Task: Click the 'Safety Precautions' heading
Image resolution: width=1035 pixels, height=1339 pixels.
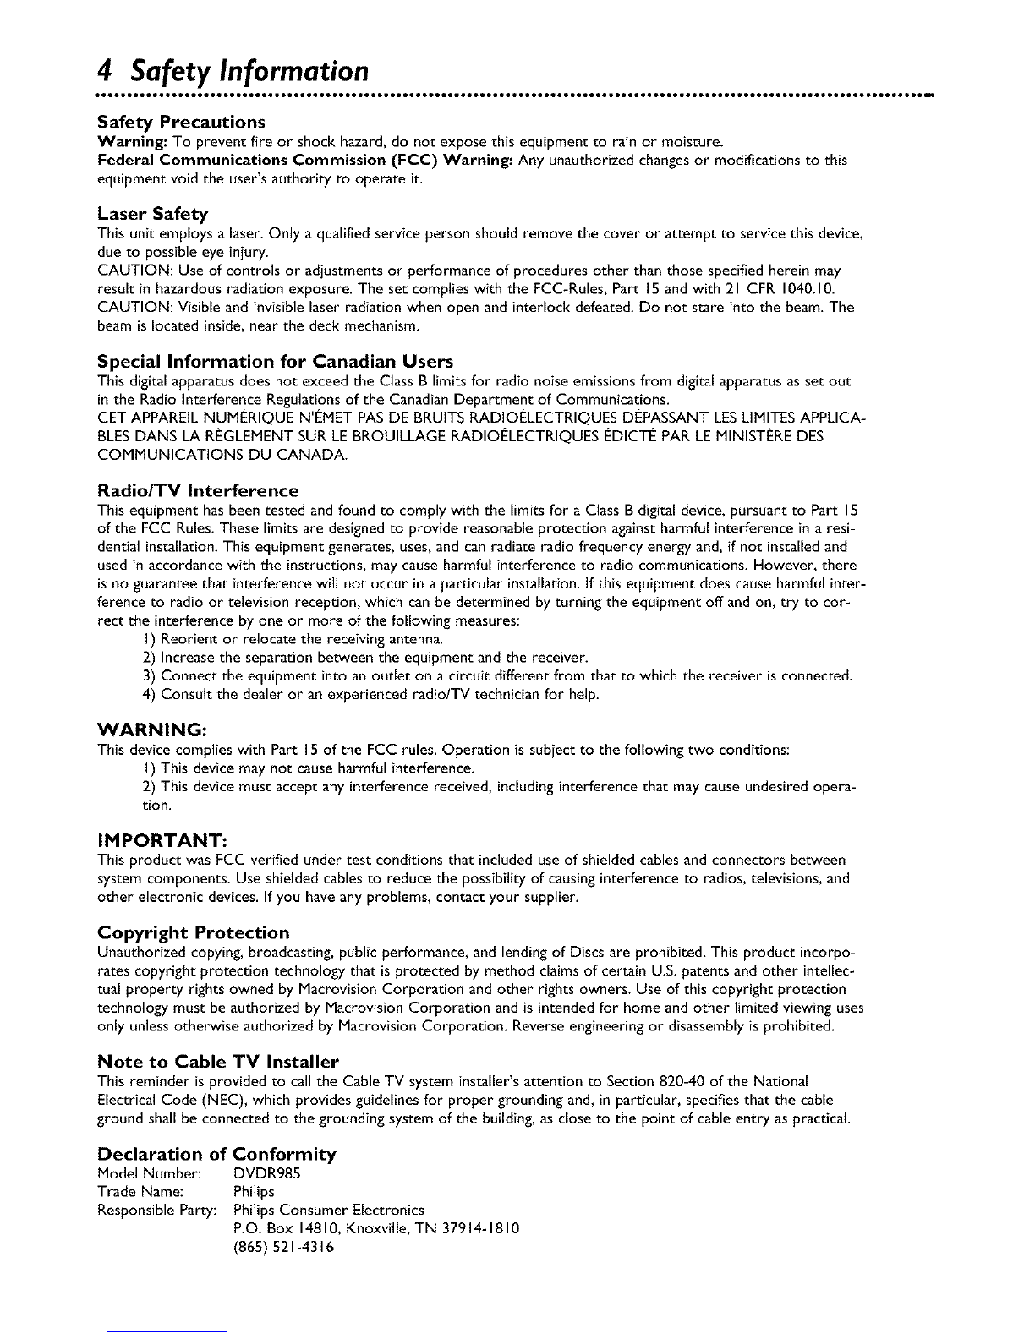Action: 182,121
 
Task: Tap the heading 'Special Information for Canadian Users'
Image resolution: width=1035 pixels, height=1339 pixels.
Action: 276,363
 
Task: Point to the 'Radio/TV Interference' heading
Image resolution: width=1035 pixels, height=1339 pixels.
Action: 198,491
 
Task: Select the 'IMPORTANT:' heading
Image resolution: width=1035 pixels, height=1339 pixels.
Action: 161,839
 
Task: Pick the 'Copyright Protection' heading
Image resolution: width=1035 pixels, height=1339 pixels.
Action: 194,932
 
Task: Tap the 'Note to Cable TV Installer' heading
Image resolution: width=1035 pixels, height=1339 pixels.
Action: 218,1061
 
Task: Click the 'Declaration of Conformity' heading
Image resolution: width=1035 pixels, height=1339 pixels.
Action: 217,1154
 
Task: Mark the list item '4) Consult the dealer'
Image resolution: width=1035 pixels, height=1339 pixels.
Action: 370,696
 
